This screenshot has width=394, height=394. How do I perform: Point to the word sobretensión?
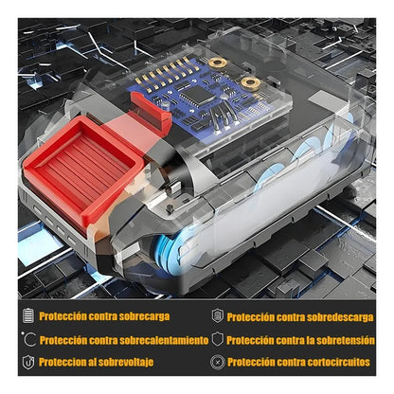click(346, 340)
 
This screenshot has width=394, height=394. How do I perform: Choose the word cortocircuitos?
click(338, 362)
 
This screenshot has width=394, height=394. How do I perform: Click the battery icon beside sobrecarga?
click(28, 316)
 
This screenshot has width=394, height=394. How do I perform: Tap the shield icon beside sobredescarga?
click(218, 316)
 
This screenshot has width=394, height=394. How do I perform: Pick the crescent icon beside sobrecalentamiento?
click(30, 340)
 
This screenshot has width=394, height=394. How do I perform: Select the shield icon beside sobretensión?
click(218, 339)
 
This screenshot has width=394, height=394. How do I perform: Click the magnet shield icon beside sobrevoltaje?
click(28, 362)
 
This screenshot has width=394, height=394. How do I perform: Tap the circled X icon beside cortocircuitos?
click(218, 362)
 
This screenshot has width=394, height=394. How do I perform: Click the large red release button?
click(82, 168)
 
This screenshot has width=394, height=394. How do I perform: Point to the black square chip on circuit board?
click(195, 94)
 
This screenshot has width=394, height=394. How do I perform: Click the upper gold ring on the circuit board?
click(218, 63)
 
